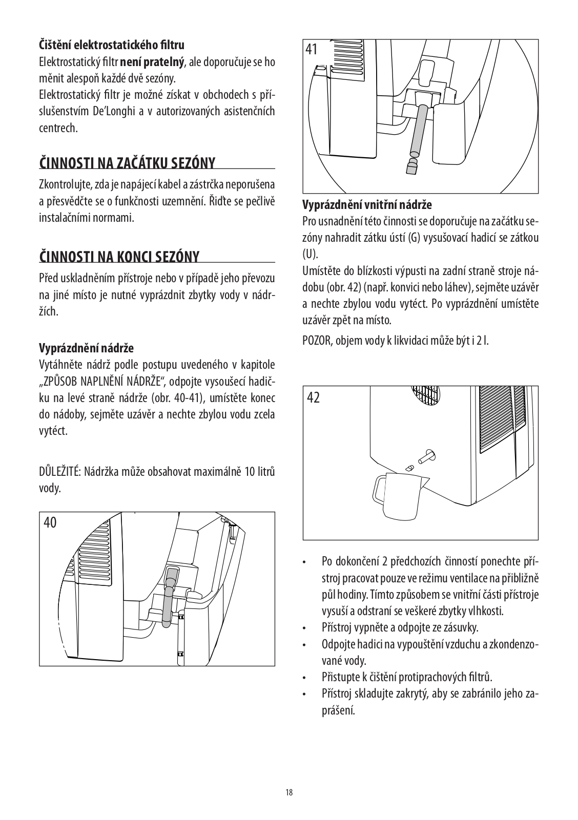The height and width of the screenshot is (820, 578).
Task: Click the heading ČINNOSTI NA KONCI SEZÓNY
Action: pos(119,257)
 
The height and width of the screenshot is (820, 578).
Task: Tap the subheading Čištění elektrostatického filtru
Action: pos(112,45)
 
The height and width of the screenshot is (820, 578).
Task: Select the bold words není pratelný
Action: pos(152,62)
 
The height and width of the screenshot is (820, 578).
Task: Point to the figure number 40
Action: pos(50,522)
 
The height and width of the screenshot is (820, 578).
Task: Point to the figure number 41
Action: pos(312,49)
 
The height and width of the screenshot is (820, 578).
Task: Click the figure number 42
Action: pos(313,397)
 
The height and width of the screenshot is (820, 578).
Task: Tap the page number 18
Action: pos(289,792)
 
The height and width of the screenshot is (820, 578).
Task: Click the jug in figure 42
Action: pos(398,494)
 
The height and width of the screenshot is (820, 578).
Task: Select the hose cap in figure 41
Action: pos(412,165)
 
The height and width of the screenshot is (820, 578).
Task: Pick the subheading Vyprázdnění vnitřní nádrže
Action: pos(367,205)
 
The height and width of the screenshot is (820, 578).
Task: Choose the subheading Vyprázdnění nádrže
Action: pos(86,348)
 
